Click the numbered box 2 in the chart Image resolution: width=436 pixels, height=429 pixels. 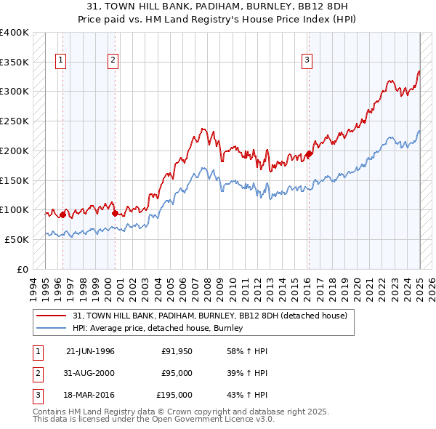[x=113, y=61]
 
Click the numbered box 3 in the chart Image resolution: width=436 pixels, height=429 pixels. [x=307, y=61]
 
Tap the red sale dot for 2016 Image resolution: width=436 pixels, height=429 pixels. [x=309, y=153]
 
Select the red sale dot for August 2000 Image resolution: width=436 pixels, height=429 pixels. [x=116, y=213]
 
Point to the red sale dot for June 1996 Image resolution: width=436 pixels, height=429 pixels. [x=62, y=214]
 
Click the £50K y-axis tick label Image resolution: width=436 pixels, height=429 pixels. [x=17, y=239]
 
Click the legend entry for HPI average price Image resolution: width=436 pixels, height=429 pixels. [x=161, y=329]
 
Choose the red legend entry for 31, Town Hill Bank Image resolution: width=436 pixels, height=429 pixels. [x=210, y=316]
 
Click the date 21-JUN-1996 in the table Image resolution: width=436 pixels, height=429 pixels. [x=90, y=351]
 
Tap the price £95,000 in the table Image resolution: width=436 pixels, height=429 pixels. [x=177, y=373]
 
